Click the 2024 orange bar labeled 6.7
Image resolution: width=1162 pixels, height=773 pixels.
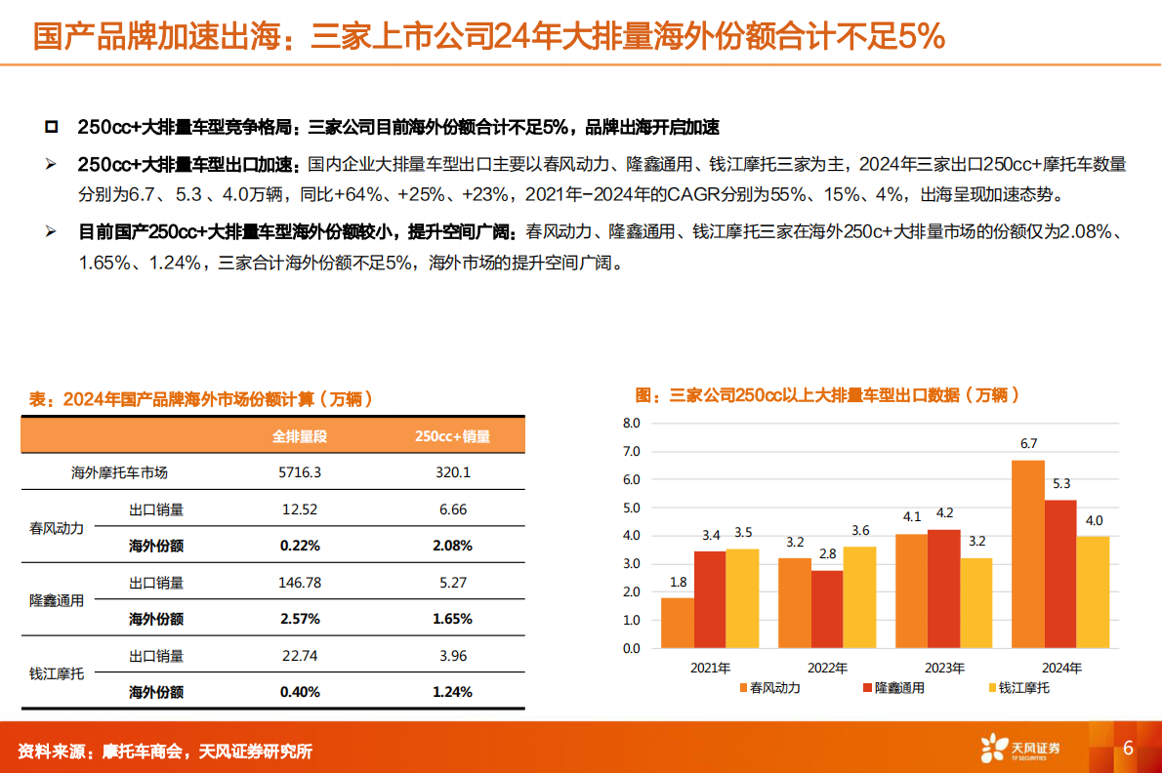(1028, 553)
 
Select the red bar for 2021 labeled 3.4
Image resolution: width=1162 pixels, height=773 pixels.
(710, 598)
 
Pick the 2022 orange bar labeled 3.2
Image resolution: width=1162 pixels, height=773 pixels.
(795, 602)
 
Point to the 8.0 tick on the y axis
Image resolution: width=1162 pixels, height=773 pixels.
(630, 424)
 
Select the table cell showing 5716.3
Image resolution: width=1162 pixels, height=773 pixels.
(299, 472)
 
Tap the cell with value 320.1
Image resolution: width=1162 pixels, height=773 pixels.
(452, 472)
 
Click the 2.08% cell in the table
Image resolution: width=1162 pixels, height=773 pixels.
(452, 546)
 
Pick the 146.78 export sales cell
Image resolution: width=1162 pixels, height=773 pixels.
(299, 583)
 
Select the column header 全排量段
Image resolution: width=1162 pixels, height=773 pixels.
(299, 436)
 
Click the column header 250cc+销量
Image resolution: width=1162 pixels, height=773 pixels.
(452, 436)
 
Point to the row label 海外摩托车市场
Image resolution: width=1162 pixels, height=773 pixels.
(120, 472)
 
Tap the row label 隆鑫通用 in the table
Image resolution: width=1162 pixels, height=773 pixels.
(57, 600)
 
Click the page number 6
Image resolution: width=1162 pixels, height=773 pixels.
(1128, 749)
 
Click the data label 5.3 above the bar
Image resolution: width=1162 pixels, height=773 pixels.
(1061, 483)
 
